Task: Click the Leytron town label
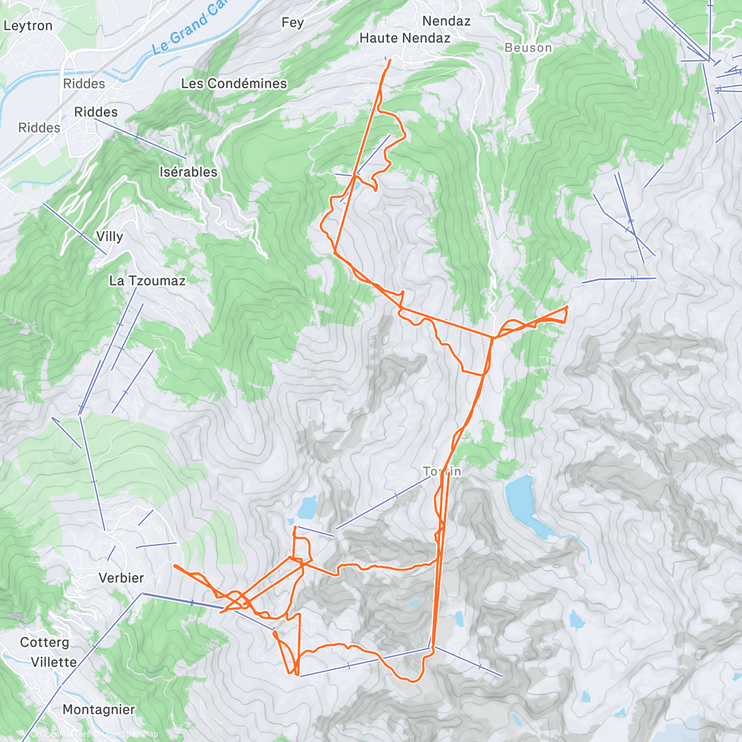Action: click(x=28, y=26)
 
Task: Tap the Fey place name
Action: click(x=292, y=23)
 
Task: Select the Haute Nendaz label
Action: click(x=405, y=38)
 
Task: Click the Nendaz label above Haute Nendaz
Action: click(x=446, y=21)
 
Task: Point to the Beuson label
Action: click(x=528, y=48)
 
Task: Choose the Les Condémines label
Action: click(x=234, y=83)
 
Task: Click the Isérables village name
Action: click(x=189, y=173)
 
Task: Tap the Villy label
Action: click(x=109, y=237)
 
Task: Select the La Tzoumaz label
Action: click(x=147, y=281)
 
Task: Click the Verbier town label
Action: click(x=121, y=578)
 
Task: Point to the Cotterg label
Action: click(x=45, y=642)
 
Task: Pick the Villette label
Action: click(x=54, y=662)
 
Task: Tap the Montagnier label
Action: click(x=98, y=710)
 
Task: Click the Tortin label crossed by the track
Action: click(x=442, y=472)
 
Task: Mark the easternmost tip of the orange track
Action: click(x=567, y=307)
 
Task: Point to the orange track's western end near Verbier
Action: click(x=174, y=565)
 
